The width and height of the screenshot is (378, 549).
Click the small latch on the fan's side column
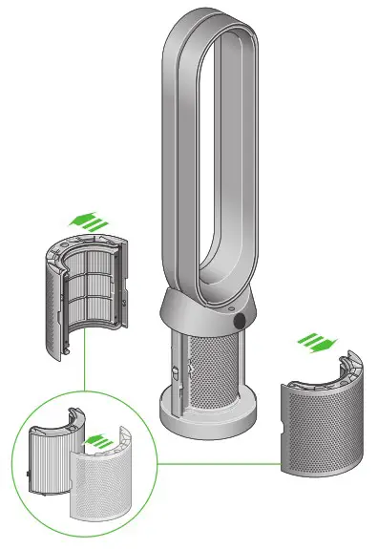[x=177, y=370]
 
